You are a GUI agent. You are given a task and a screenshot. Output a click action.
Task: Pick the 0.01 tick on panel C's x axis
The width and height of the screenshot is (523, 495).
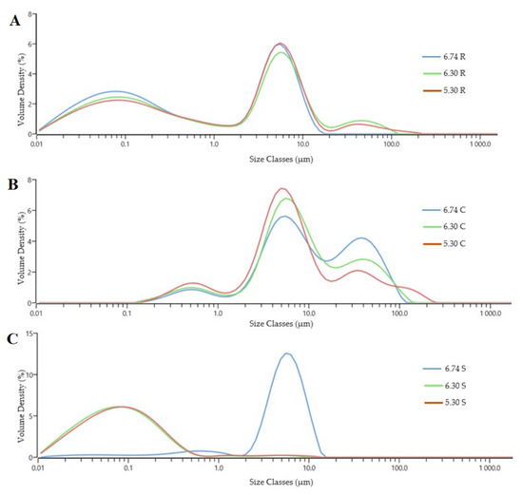pyautogui.click(x=38, y=467)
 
